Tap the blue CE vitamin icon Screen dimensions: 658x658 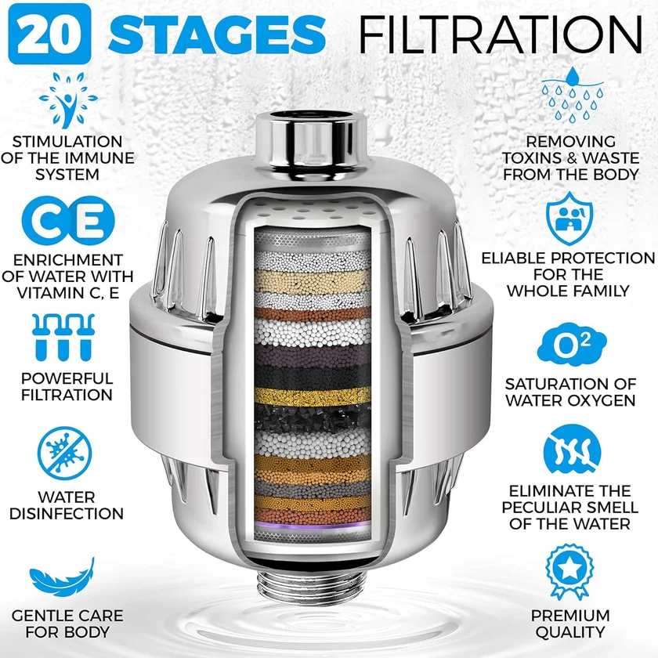(x=67, y=222)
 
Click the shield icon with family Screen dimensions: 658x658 (x=569, y=219)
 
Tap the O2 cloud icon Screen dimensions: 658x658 (x=569, y=345)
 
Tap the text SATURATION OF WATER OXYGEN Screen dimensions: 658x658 (x=569, y=392)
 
